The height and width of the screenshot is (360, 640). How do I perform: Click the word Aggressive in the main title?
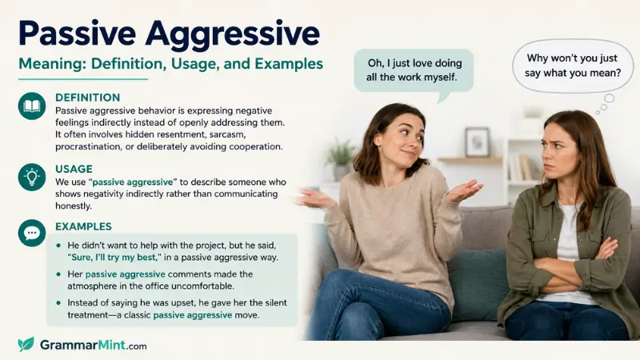click(232, 34)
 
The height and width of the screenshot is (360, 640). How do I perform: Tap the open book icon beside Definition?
click(32, 106)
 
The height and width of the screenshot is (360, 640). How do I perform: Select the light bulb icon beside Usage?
click(32, 177)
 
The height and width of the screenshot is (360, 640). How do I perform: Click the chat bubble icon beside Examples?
click(32, 233)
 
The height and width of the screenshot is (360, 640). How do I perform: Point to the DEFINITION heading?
click(88, 98)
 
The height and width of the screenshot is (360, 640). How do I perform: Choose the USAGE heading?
click(74, 169)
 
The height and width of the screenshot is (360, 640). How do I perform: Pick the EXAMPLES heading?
click(84, 226)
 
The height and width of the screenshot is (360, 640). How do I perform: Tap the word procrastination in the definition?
click(88, 146)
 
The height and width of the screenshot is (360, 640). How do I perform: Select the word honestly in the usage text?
click(74, 206)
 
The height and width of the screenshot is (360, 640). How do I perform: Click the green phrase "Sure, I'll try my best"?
click(114, 258)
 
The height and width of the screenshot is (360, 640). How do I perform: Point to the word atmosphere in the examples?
click(92, 286)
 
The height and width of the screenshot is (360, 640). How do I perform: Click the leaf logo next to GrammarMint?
click(26, 345)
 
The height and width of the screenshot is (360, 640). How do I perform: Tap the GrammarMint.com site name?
click(93, 346)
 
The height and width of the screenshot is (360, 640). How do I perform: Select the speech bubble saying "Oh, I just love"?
click(414, 74)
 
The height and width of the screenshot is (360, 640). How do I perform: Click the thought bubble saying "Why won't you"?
click(572, 67)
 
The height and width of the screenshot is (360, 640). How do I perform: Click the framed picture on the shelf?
click(477, 142)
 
